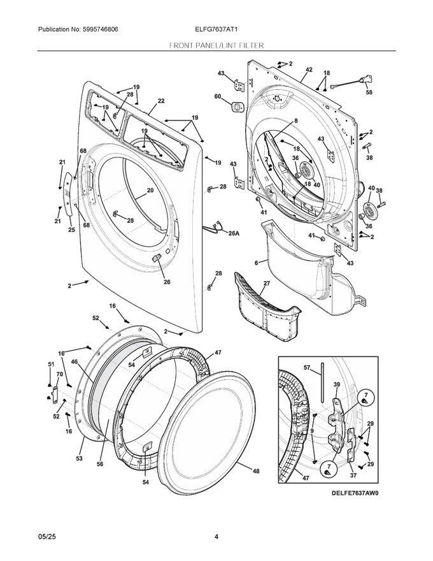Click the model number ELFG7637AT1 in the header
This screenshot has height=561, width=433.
(216, 30)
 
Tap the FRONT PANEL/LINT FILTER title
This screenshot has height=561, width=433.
(216, 46)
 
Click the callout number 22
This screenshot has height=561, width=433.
(161, 101)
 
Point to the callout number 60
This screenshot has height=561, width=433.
(217, 96)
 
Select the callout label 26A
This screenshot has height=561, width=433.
(234, 233)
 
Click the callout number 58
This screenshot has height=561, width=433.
(369, 92)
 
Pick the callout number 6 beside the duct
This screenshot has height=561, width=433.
(256, 263)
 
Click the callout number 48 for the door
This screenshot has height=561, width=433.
(256, 471)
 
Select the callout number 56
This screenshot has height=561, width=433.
(100, 464)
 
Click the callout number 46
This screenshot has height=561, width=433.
(75, 362)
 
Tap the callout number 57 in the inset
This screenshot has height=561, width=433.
(306, 368)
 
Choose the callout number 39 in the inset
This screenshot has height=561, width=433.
(337, 385)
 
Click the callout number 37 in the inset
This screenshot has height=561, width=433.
(353, 475)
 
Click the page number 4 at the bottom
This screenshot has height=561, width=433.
(216, 536)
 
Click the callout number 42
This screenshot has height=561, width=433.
(309, 69)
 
